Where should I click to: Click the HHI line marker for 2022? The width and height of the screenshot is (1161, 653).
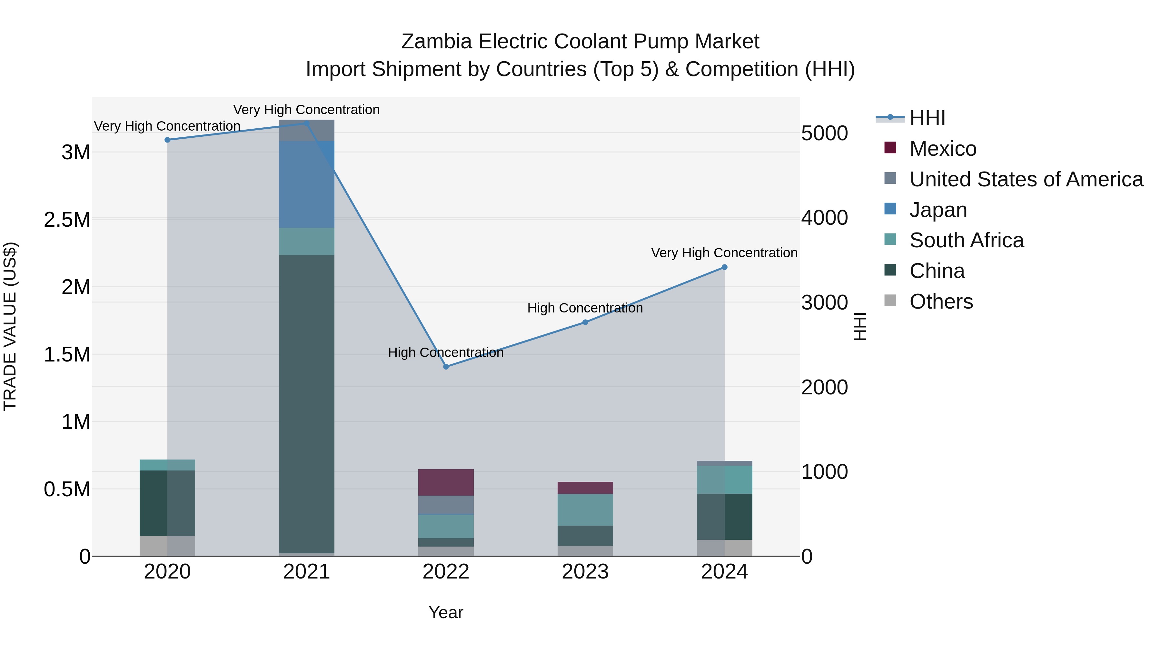pyautogui.click(x=446, y=367)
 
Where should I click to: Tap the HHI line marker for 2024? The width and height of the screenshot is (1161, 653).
pyautogui.click(x=724, y=267)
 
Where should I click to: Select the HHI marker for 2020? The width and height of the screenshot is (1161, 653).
pyautogui.click(x=167, y=140)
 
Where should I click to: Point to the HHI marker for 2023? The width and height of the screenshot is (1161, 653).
pyautogui.click(x=585, y=322)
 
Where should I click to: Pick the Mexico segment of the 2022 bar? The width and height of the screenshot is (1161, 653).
pyautogui.click(x=446, y=482)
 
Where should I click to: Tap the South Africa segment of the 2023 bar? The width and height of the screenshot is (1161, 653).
pyautogui.click(x=585, y=510)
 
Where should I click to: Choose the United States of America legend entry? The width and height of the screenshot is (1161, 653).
pyautogui.click(x=1026, y=179)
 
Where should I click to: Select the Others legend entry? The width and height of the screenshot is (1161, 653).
pyautogui.click(x=941, y=302)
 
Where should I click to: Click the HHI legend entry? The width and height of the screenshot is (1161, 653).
pyautogui.click(x=927, y=118)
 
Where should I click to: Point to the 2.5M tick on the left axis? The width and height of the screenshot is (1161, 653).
pyautogui.click(x=67, y=220)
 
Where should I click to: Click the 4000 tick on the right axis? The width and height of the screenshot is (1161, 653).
pyautogui.click(x=824, y=218)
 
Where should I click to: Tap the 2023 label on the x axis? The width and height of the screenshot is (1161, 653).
pyautogui.click(x=585, y=572)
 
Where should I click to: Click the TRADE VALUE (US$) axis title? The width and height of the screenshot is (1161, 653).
pyautogui.click(x=10, y=326)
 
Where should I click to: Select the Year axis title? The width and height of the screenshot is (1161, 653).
pyautogui.click(x=446, y=612)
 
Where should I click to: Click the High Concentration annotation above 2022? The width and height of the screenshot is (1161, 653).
pyautogui.click(x=446, y=352)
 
